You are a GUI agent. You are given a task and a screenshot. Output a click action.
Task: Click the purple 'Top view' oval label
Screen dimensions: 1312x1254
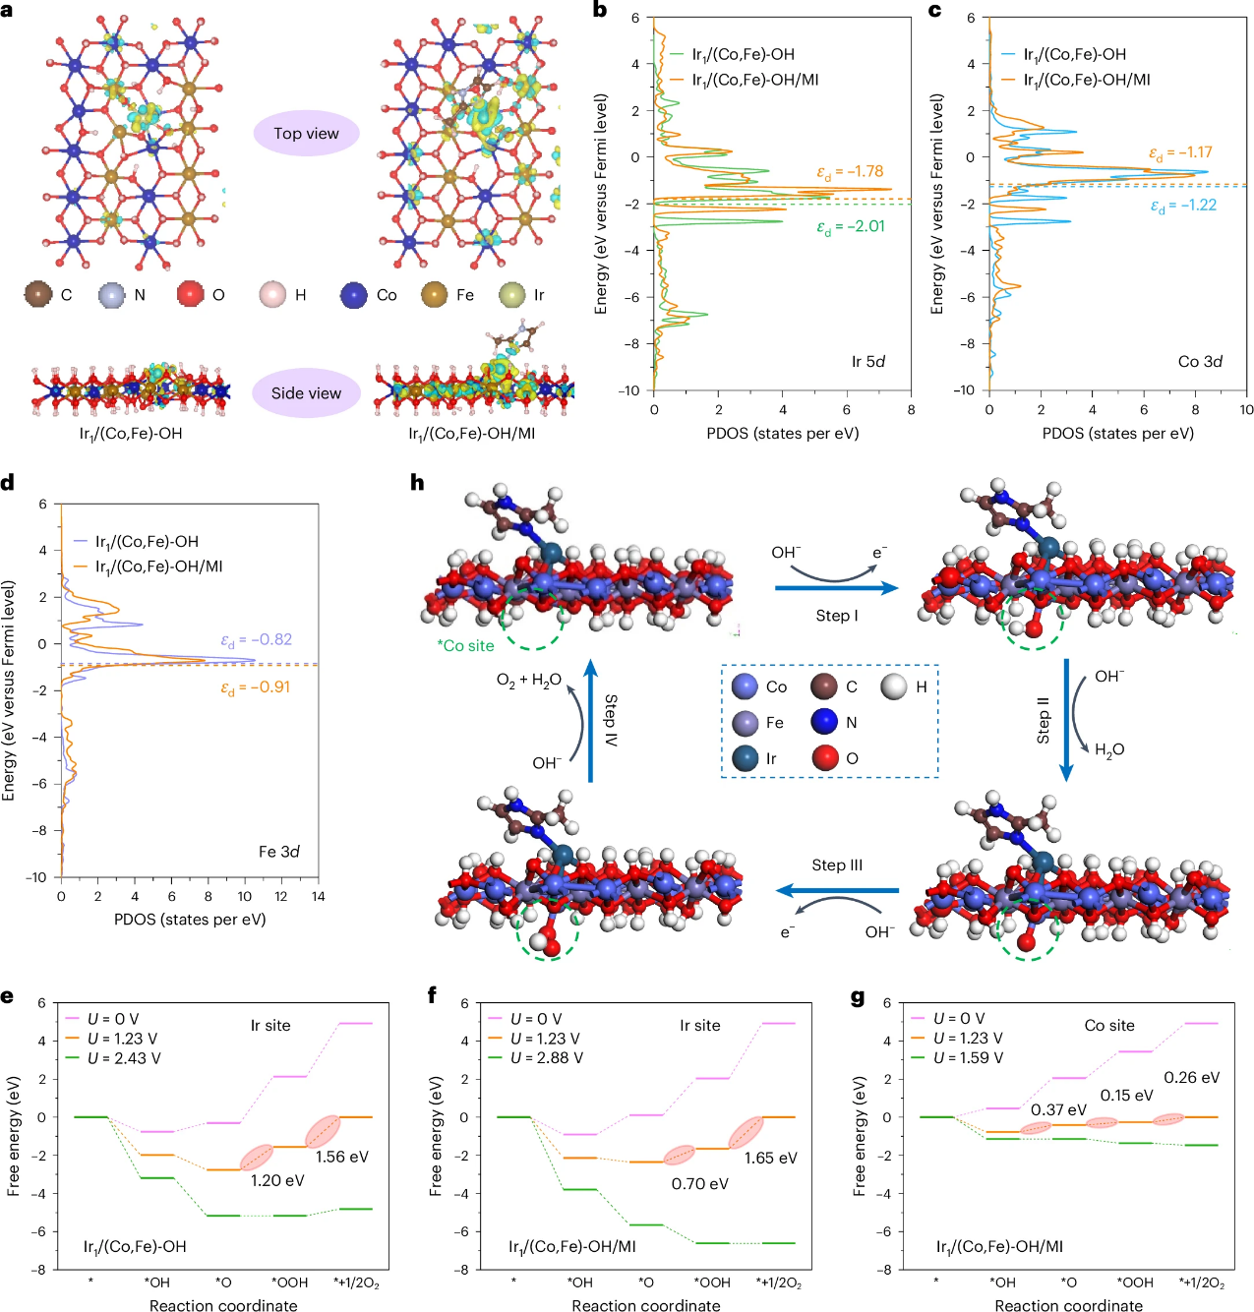(x=306, y=133)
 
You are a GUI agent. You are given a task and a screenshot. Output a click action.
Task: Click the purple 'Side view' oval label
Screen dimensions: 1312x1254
(x=306, y=392)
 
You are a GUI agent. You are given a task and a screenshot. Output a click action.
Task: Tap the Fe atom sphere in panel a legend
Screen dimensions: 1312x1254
(x=435, y=294)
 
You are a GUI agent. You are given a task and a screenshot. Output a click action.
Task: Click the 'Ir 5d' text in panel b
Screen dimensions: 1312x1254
(x=867, y=361)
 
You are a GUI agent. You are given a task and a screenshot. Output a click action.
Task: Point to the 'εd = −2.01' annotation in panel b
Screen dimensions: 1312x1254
(x=851, y=226)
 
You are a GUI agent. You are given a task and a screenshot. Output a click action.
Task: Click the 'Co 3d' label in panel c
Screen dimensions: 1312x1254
(x=1200, y=361)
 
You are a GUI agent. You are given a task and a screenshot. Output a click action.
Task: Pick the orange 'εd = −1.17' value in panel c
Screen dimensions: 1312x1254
(x=1180, y=152)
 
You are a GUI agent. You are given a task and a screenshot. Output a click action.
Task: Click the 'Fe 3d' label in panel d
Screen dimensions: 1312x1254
(x=278, y=851)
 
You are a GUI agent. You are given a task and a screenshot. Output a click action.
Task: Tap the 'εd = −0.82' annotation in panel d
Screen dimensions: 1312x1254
(x=256, y=639)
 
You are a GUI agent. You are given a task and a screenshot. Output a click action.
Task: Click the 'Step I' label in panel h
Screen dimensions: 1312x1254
(x=836, y=615)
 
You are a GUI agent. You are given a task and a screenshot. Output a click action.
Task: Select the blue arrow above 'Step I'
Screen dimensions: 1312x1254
(x=836, y=588)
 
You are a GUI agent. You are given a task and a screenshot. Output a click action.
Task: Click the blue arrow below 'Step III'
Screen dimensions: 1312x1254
(x=837, y=891)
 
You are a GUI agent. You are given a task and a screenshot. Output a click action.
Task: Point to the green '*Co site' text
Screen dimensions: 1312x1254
(x=466, y=645)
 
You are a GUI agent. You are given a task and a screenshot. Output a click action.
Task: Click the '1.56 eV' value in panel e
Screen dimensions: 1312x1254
(x=341, y=1157)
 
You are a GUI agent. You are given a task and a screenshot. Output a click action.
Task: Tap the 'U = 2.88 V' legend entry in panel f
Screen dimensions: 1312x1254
(x=546, y=1057)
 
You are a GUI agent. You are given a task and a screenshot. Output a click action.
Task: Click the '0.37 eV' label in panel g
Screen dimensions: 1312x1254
(x=1058, y=1109)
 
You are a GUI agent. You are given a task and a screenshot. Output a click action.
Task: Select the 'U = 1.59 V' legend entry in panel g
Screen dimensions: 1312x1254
(x=968, y=1057)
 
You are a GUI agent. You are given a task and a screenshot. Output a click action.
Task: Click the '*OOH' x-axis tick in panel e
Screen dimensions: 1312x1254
(x=290, y=1282)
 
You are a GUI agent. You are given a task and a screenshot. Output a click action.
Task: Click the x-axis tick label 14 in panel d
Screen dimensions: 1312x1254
(x=318, y=896)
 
